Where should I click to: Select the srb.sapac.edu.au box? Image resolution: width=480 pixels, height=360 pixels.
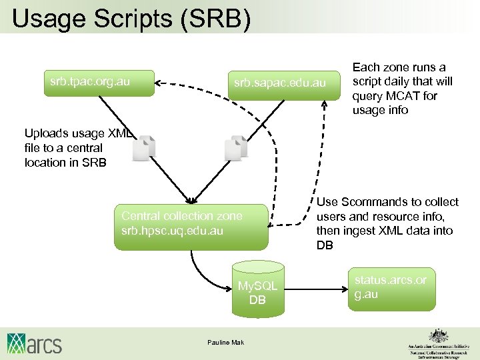[280, 83]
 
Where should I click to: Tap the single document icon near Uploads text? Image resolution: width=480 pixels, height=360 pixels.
[143, 147]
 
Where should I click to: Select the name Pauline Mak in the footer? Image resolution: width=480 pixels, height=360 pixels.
[226, 343]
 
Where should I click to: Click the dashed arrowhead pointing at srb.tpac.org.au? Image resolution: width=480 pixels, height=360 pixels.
[159, 83]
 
